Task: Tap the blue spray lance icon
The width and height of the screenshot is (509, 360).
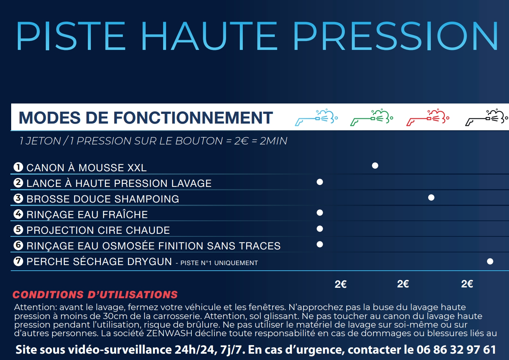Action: [x=316, y=118]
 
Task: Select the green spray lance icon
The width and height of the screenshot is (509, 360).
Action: [x=372, y=118]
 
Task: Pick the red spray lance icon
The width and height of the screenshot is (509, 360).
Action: [x=428, y=118]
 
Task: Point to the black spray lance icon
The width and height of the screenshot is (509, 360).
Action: [x=486, y=118]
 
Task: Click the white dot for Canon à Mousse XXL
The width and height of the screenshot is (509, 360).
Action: [x=375, y=166]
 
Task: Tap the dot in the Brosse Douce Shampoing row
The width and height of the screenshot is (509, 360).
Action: [x=431, y=197]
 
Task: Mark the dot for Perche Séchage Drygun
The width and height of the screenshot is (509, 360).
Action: [x=490, y=261]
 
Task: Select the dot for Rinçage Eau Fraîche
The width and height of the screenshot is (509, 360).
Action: [x=319, y=213]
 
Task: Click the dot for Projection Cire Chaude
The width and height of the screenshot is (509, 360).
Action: [x=319, y=229]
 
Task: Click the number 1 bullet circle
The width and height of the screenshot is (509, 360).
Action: [x=18, y=167]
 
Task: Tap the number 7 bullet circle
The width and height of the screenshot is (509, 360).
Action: [x=18, y=261]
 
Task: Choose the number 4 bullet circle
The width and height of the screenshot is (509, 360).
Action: [x=18, y=214]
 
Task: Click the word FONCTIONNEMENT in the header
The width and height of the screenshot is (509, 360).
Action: [x=193, y=118]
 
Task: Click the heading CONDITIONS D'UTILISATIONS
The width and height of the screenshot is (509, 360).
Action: [x=95, y=295]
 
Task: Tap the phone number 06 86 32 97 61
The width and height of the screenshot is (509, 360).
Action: [x=456, y=350]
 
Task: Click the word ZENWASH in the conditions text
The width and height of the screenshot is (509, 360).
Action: [x=169, y=333]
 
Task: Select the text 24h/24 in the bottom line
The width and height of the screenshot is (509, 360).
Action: [x=195, y=350]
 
